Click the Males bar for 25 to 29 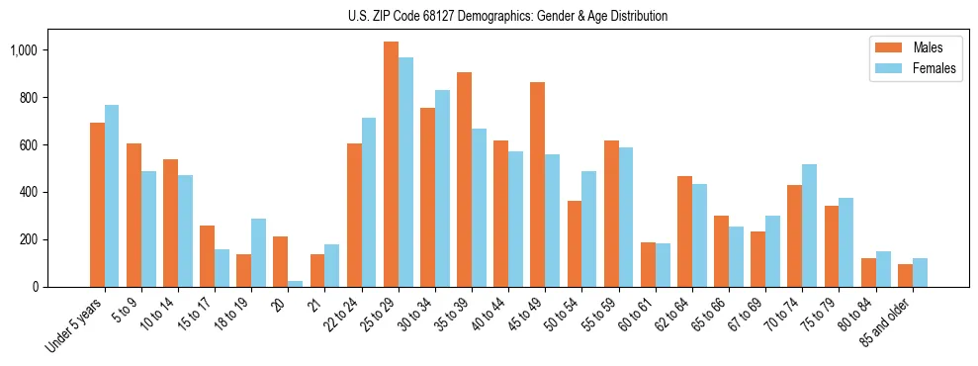[x=391, y=164]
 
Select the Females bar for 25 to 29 [x=405, y=172]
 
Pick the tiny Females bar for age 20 [x=296, y=284]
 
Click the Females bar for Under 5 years [x=112, y=196]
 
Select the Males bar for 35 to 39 [x=464, y=179]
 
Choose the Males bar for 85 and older [x=905, y=276]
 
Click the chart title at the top [x=507, y=17]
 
